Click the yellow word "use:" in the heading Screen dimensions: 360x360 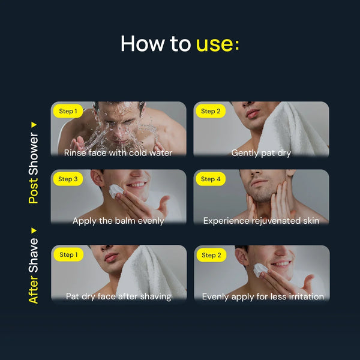[217, 44]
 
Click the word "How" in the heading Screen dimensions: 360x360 [143, 43]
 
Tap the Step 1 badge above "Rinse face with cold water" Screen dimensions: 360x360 [68, 111]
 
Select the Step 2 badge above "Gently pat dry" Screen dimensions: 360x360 [211, 111]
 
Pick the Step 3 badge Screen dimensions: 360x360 [68, 179]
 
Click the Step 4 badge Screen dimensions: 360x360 [211, 179]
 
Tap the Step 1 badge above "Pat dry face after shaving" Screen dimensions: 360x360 [68, 254]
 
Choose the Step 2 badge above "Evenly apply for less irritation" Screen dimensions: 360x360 [211, 255]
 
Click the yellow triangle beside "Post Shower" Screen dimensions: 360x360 [34, 125]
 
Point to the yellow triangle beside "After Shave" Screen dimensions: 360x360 [34, 230]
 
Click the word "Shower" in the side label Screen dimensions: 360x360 [34, 154]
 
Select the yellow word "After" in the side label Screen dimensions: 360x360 [33, 289]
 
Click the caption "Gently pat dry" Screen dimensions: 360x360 [261, 153]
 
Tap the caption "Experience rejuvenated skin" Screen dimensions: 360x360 [261, 221]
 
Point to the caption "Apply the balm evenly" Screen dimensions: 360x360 [118, 221]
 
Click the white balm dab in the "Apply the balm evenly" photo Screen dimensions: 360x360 [115, 191]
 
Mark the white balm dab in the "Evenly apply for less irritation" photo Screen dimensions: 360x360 [260, 269]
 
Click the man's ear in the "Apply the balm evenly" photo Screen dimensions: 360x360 [97, 178]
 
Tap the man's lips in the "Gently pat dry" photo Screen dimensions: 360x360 [253, 113]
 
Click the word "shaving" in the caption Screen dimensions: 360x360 [155, 296]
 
